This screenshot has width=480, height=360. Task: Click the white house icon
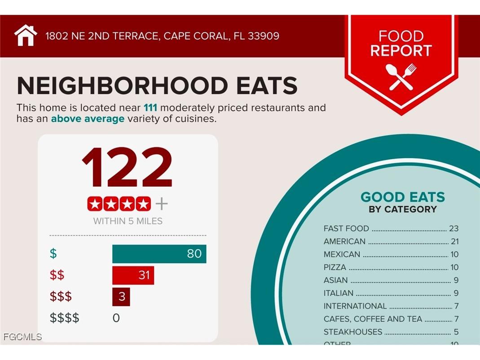pyautogui.click(x=26, y=36)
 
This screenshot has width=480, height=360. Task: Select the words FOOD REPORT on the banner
pyautogui.click(x=401, y=43)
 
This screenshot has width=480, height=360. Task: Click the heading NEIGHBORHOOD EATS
pyautogui.click(x=157, y=85)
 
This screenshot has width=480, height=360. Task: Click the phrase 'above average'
pyautogui.click(x=88, y=119)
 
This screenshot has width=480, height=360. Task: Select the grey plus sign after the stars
pyautogui.click(x=162, y=204)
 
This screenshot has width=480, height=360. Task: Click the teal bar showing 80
pyautogui.click(x=159, y=254)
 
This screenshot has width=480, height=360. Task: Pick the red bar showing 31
pyautogui.click(x=133, y=275)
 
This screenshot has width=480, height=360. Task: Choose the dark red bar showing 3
pyautogui.click(x=121, y=297)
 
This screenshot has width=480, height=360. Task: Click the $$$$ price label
pyautogui.click(x=64, y=318)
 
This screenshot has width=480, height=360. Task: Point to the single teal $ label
pyautogui.click(x=53, y=254)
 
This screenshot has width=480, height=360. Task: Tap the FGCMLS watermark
pyautogui.click(x=22, y=337)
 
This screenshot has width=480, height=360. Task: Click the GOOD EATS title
pyautogui.click(x=402, y=197)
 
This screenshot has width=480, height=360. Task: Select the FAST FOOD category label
pyautogui.click(x=346, y=228)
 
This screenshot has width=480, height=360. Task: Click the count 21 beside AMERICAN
pyautogui.click(x=454, y=241)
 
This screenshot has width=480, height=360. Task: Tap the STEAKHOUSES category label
pyautogui.click(x=353, y=332)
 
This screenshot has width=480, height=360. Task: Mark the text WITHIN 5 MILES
pyautogui.click(x=128, y=221)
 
